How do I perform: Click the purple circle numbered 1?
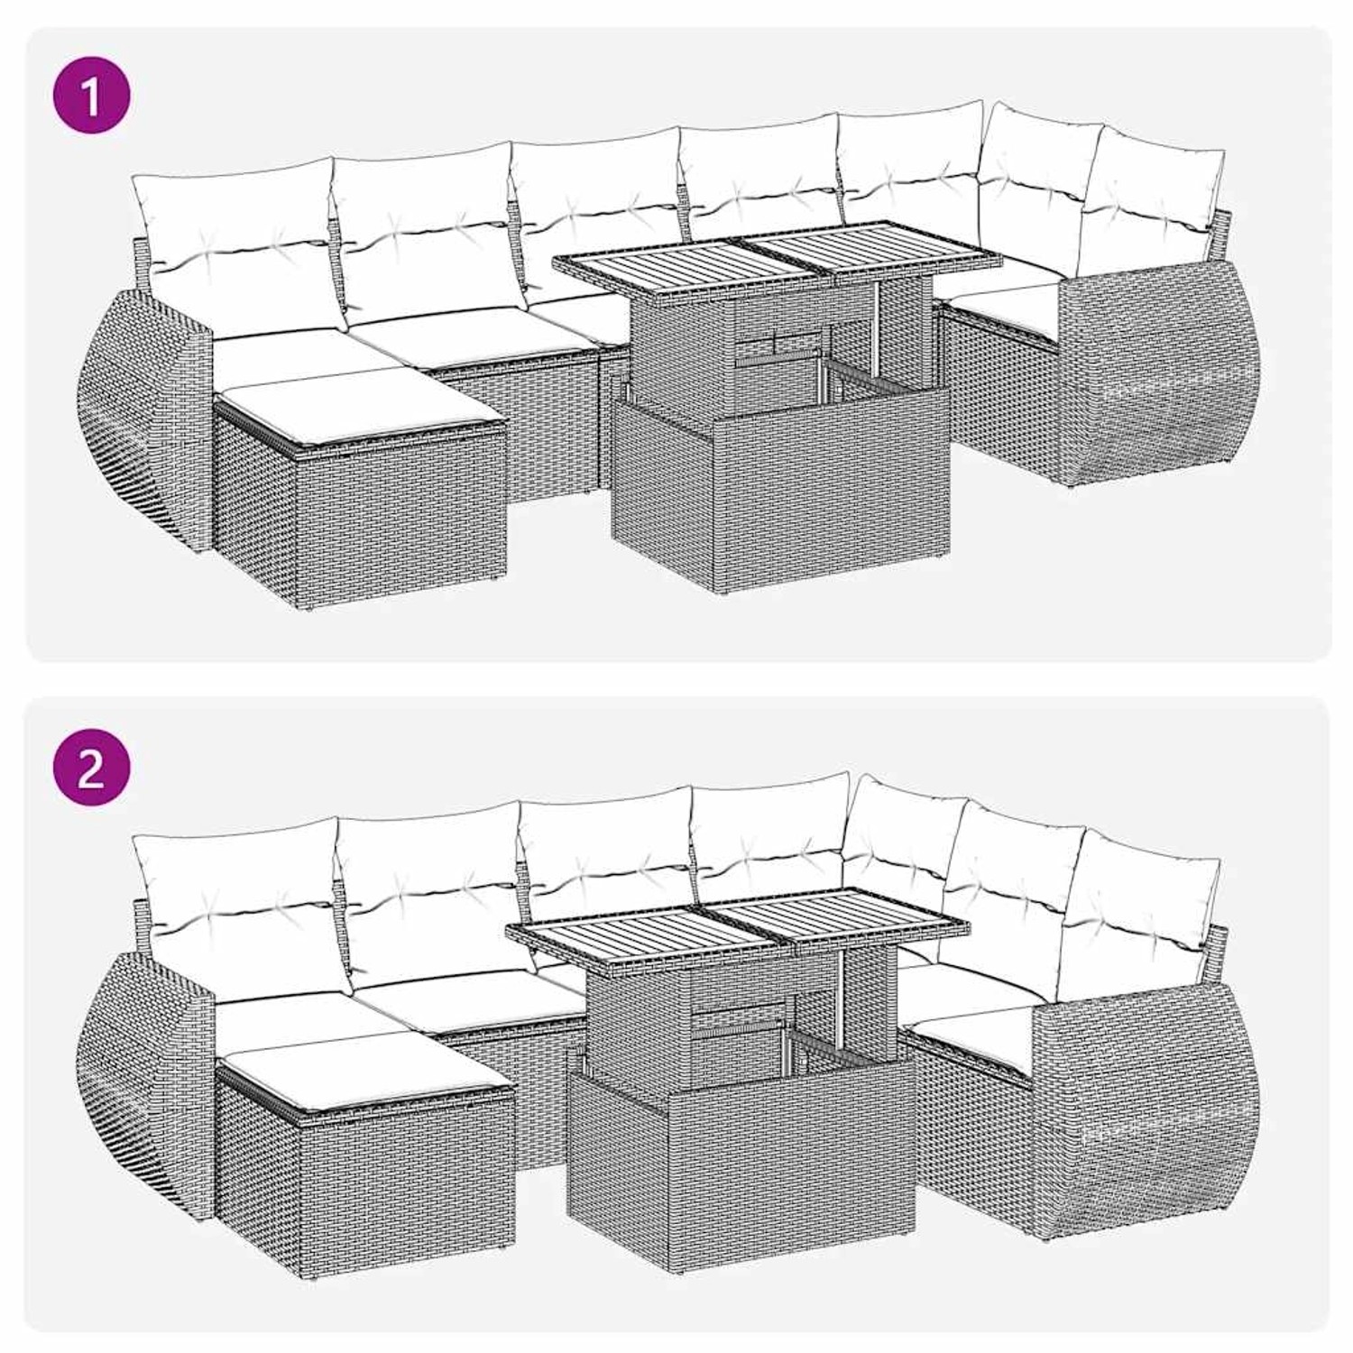(91, 97)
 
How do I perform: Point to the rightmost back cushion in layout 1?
(1159, 194)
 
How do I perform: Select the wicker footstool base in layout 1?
(361, 514)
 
